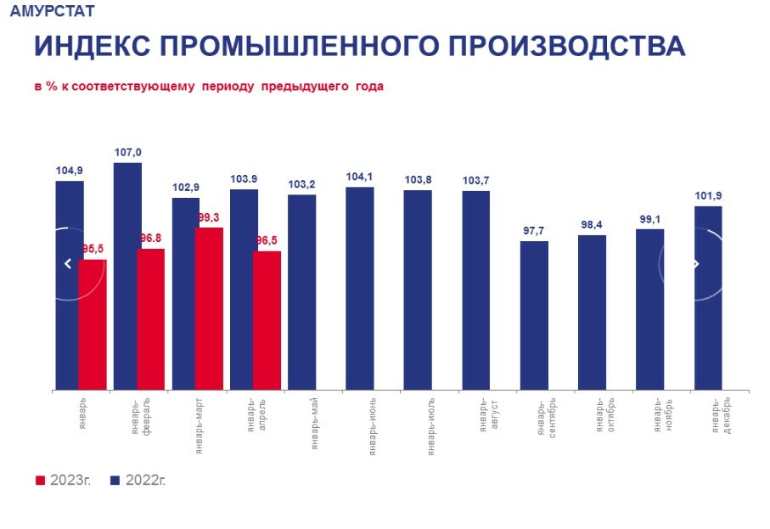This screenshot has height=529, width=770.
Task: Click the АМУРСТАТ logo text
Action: tap(52, 12)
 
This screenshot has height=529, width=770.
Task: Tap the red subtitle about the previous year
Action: tap(208, 87)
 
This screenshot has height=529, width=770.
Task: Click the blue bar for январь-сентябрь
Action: tap(534, 315)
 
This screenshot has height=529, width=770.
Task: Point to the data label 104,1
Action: tap(360, 177)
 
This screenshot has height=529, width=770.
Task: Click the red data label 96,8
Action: tap(150, 239)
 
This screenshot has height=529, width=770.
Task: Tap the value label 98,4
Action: tap(592, 224)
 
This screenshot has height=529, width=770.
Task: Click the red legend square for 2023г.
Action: tap(39, 481)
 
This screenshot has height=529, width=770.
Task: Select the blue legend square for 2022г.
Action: tap(115, 481)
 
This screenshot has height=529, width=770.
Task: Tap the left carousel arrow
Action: tap(68, 264)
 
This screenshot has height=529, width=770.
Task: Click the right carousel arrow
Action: tap(696, 264)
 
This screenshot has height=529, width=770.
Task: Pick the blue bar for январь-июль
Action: tap(418, 290)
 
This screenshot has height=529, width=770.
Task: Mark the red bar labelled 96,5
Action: tap(267, 320)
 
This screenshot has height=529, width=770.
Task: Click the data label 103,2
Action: tap(302, 184)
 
